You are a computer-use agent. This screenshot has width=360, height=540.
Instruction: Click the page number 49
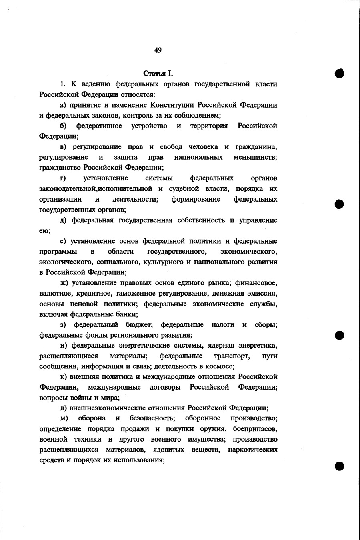click(x=158, y=50)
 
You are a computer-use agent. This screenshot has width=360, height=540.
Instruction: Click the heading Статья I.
click(x=158, y=74)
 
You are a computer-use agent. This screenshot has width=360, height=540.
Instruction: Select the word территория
click(x=209, y=126)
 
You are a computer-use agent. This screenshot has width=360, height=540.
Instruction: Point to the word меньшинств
click(x=255, y=157)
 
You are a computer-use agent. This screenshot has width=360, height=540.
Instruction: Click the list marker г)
click(x=63, y=178)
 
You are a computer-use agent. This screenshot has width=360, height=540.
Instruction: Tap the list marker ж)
click(x=64, y=283)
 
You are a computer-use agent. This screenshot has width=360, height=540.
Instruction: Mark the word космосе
click(x=219, y=366)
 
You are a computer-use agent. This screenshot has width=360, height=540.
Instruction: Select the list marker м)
click(x=64, y=418)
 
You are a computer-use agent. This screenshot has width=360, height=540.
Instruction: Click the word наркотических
click(x=253, y=450)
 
